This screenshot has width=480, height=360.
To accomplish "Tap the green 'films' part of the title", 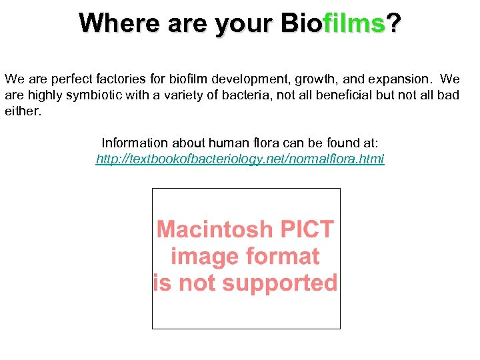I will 355,23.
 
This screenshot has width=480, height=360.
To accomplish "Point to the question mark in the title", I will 395,23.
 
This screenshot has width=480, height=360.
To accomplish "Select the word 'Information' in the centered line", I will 135,143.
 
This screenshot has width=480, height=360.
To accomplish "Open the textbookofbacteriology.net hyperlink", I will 240,159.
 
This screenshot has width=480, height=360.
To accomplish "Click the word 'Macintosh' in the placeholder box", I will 215,230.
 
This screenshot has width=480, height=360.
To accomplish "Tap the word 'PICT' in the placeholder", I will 307,230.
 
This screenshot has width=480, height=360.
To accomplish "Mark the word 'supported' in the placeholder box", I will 279,283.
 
